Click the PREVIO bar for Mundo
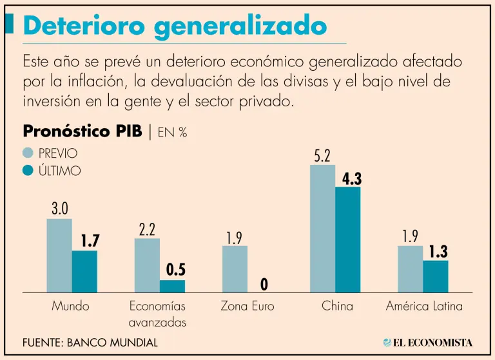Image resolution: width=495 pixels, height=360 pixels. coord(59,256)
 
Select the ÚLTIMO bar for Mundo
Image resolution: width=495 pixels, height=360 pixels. coord(84,271)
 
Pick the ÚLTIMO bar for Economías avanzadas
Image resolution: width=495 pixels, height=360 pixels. coord(172,286)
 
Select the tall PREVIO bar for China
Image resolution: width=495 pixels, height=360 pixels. coord(322,229)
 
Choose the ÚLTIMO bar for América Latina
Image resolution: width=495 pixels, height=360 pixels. coord(436,276)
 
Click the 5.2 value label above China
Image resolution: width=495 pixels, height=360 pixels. coord(322,156)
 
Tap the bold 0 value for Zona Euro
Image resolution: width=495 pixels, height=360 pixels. coord(264,284)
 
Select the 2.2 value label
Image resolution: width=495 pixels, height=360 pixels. coord(148,229)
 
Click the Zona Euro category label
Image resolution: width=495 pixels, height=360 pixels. coord(247,307)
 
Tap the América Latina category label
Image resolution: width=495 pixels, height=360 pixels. coord(424,307)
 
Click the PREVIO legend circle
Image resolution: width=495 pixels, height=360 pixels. coord(28,153)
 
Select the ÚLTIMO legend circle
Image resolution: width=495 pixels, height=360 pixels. coord(28,171)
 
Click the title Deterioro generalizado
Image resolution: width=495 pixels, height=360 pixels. coord(174,26)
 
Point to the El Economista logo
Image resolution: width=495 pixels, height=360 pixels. coord(427,342)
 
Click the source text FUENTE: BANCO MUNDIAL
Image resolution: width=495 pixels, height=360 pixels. coord(90,343)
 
